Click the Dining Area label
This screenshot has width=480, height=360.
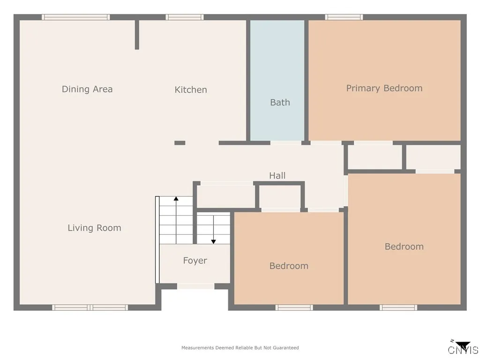(x=87, y=89)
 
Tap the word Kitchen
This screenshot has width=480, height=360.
(x=191, y=90)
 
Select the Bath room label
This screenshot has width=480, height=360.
(x=280, y=102)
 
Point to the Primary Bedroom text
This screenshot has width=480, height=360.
(x=384, y=88)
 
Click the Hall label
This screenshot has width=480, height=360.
(x=277, y=176)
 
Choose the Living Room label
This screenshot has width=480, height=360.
(x=94, y=228)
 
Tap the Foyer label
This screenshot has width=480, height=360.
(x=195, y=261)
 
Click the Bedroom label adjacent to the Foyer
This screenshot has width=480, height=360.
(x=289, y=266)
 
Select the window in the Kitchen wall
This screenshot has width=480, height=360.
(x=185, y=17)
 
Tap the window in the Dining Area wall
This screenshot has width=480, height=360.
(x=76, y=17)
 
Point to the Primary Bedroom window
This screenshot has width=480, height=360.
(x=344, y=17)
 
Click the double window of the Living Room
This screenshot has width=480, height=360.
(x=90, y=307)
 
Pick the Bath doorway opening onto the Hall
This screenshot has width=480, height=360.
(x=286, y=142)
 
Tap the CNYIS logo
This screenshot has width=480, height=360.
(x=463, y=348)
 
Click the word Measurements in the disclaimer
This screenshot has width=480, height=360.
(x=198, y=348)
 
